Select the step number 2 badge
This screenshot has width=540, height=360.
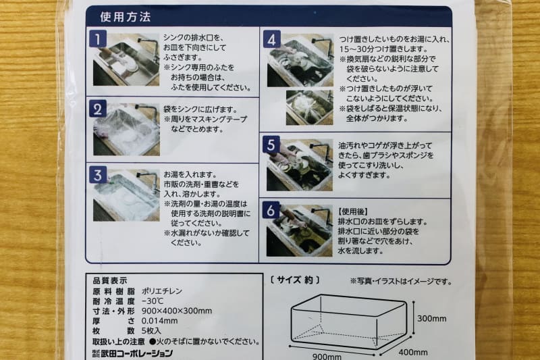(x=99, y=109)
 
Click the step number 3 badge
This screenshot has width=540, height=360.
(x=99, y=175)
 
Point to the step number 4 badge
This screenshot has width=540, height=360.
(x=273, y=40)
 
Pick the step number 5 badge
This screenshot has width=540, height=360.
(x=273, y=145)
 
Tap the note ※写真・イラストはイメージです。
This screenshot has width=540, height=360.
(x=402, y=280)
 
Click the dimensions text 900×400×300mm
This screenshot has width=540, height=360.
(x=178, y=311)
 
